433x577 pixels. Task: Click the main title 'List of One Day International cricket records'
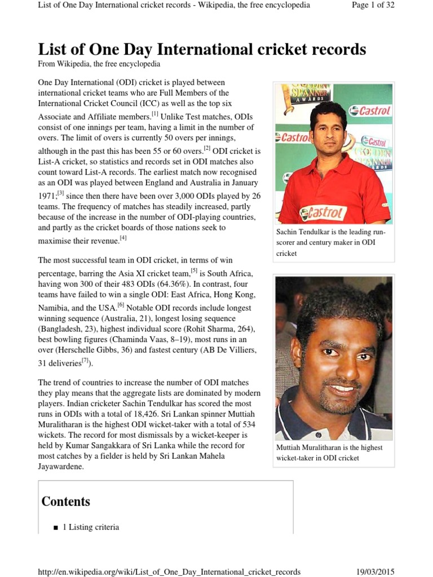(x=202, y=49)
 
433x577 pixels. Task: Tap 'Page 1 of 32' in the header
(x=374, y=6)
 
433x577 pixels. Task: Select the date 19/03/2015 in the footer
(x=375, y=571)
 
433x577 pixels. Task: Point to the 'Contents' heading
(x=66, y=501)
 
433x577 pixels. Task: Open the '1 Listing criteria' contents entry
(x=90, y=527)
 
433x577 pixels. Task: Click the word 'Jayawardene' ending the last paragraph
(x=61, y=467)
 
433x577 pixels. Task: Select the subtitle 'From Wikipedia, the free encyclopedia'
(x=99, y=64)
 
